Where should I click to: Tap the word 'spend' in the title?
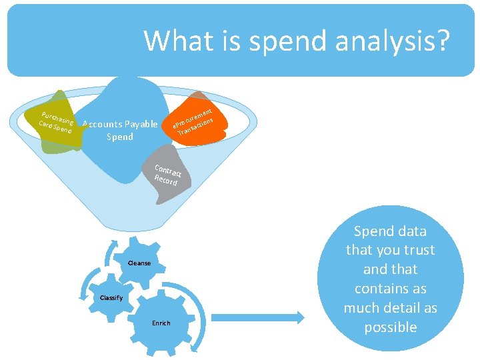point(279,41)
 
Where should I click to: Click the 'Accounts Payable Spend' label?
point(120,130)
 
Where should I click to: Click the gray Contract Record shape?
point(167,175)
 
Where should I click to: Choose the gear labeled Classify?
point(111,297)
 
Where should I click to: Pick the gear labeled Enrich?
point(161,323)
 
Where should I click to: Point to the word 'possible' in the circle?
point(390,327)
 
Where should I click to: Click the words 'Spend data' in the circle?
point(390,231)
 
